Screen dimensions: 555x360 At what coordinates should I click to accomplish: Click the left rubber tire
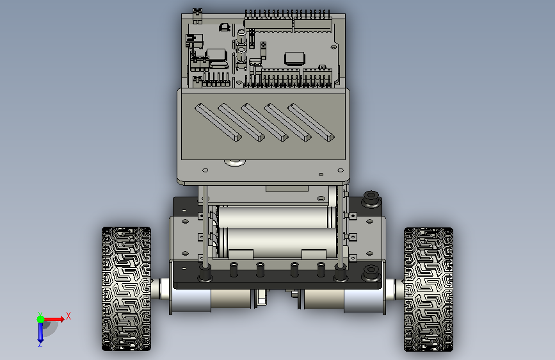126,289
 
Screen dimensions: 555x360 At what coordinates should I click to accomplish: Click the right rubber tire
428,289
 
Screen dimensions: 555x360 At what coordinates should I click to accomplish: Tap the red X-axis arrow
54,319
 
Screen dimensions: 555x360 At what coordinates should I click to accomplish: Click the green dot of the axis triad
41,319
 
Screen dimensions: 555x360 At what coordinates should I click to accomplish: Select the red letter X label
68,316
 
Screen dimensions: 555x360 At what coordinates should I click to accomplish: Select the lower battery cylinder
279,242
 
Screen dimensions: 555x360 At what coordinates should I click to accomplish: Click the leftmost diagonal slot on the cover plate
218,122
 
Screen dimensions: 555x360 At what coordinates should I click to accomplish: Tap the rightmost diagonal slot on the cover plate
310,122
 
